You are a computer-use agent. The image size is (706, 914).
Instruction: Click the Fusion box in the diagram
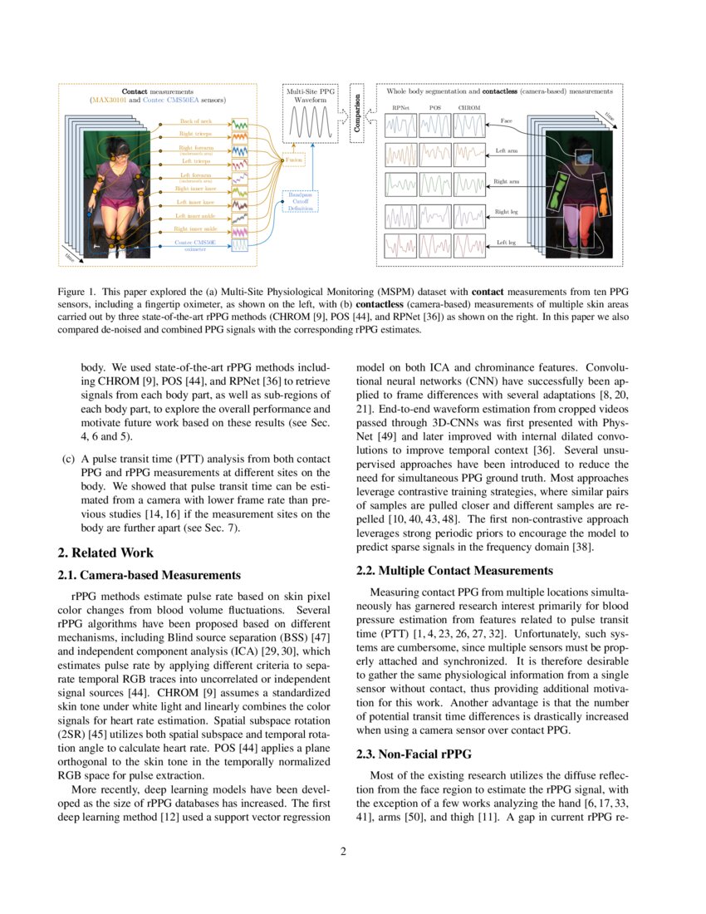click(x=294, y=160)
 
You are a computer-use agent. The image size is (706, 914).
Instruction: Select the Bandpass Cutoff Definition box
click(x=302, y=202)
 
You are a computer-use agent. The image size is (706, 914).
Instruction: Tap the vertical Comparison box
click(x=356, y=114)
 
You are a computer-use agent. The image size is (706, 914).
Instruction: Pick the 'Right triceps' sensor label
click(x=195, y=133)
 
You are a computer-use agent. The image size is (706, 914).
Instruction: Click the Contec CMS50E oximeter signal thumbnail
click(x=239, y=245)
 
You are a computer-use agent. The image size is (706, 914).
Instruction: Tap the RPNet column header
click(x=400, y=108)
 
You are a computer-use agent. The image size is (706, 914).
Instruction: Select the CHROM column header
click(x=468, y=108)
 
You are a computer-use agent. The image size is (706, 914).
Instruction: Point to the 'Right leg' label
click(x=507, y=212)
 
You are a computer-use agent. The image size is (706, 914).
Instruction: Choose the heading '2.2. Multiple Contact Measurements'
click(x=454, y=570)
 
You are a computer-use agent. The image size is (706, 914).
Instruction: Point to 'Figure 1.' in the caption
click(x=76, y=292)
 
